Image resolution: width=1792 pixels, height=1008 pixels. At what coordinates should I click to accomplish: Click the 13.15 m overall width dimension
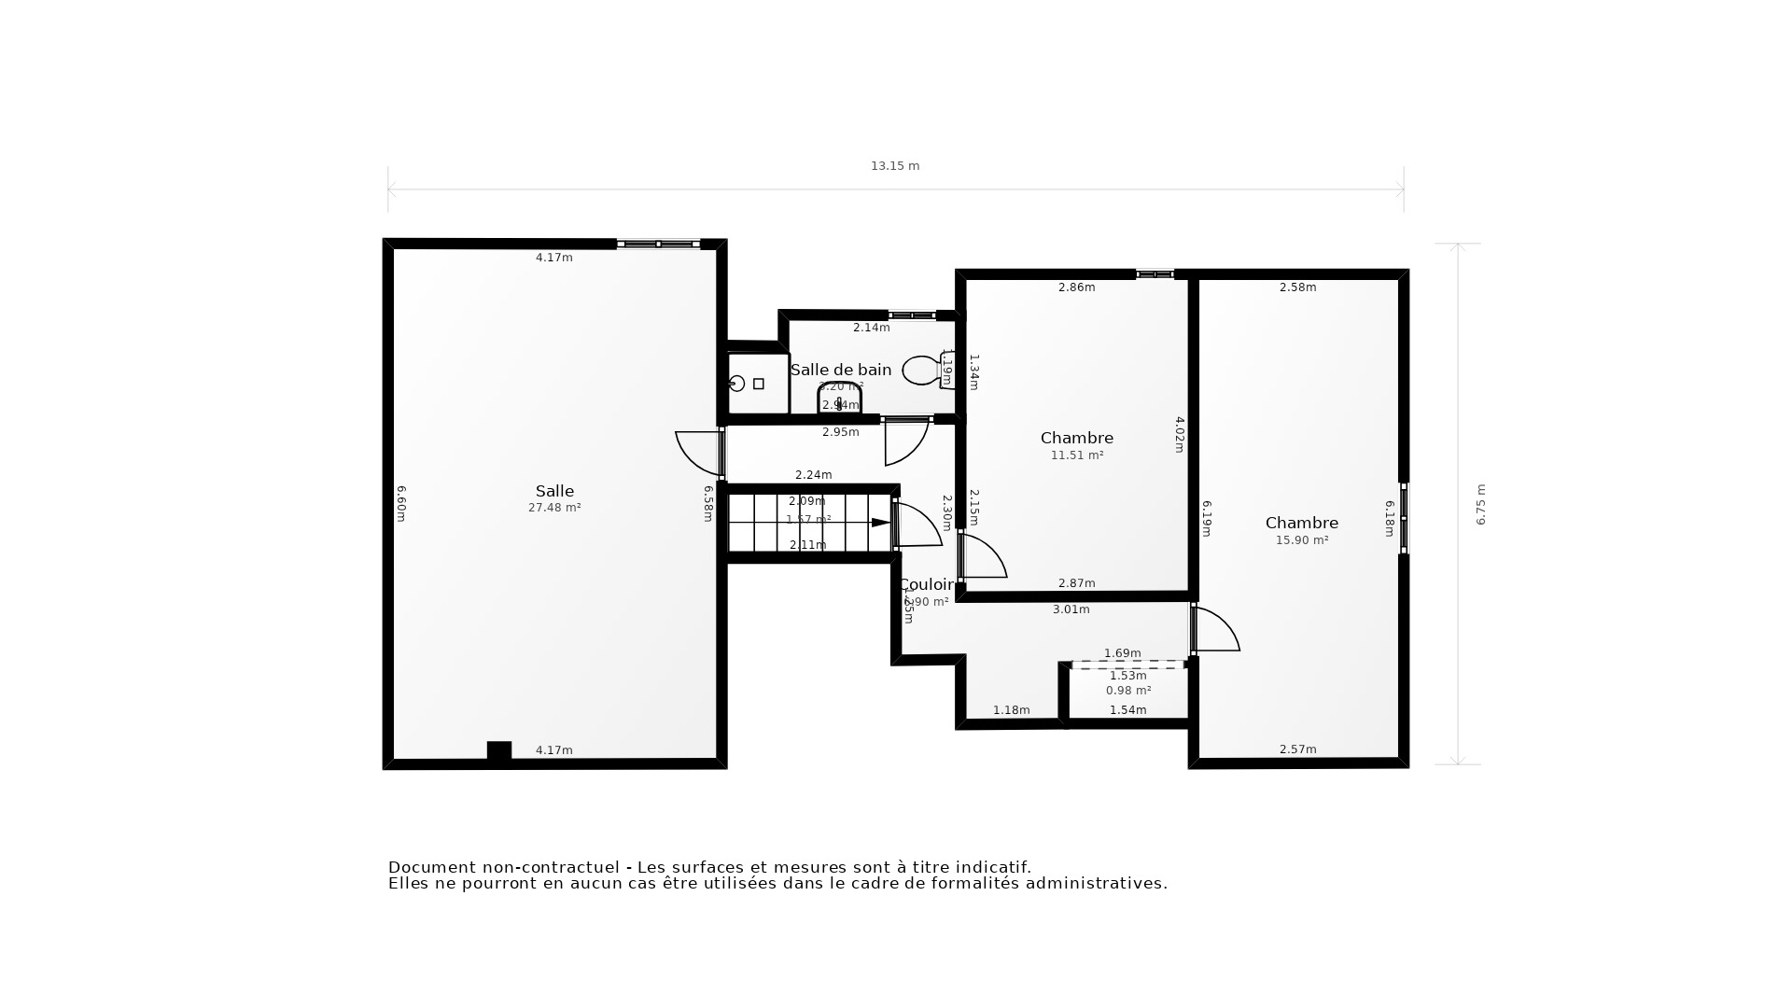tap(895, 166)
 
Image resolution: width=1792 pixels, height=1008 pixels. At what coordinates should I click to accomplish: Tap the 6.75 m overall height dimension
tap(1480, 504)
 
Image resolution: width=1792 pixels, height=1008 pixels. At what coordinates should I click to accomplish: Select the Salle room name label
tap(554, 491)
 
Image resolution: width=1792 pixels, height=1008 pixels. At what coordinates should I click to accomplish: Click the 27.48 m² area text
tap(554, 508)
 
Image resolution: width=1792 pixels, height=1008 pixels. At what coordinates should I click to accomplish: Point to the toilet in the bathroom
tap(924, 371)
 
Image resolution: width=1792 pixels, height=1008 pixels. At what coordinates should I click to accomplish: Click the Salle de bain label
tap(840, 370)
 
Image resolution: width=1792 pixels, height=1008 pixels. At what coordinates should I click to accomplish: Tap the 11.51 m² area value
tap(1077, 455)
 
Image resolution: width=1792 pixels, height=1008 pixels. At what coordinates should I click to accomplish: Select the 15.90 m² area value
tap(1301, 540)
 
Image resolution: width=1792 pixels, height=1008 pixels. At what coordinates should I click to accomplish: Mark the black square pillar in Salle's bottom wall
tap(499, 750)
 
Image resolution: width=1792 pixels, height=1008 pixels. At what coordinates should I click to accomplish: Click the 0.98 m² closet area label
tap(1127, 691)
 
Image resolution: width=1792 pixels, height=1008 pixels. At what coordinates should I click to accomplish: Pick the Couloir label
tap(926, 585)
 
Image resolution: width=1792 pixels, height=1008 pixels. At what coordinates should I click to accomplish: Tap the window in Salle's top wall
tap(658, 245)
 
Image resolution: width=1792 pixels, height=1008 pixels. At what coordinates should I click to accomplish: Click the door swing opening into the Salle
tap(698, 453)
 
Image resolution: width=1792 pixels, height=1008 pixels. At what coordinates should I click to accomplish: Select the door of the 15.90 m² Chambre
tap(1215, 630)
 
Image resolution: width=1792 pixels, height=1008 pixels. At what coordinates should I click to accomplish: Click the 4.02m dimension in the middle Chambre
tap(1179, 435)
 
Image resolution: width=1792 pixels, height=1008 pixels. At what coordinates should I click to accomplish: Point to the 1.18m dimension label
tap(1011, 710)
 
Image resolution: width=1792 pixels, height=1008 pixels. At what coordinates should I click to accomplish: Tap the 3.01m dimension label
tap(1071, 609)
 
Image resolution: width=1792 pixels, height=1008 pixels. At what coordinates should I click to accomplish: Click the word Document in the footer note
tap(432, 868)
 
